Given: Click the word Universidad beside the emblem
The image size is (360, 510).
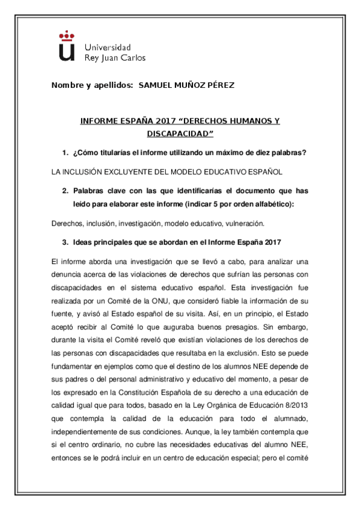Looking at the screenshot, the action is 108,47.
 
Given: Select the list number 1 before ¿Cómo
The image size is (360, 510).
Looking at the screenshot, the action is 65,153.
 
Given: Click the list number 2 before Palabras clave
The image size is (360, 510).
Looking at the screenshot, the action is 65,191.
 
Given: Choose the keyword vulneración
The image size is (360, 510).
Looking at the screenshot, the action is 244,223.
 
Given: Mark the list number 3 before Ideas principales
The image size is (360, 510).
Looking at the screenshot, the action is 65,242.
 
